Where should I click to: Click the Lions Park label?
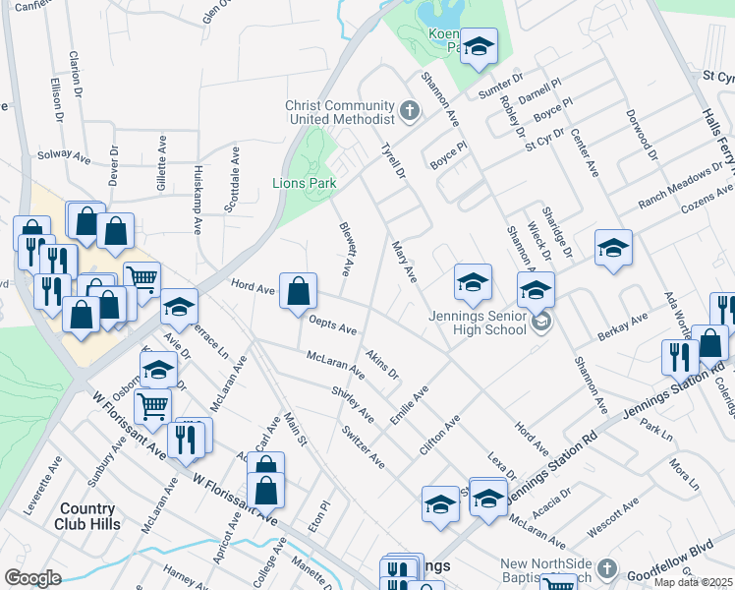pyautogui.click(x=305, y=183)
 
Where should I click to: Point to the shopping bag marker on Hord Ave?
pyautogui.click(x=299, y=291)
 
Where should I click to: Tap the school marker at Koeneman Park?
pyautogui.click(x=479, y=46)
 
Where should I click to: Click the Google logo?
pyautogui.click(x=32, y=578)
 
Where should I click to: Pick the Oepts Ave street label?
pyautogui.click(x=332, y=324)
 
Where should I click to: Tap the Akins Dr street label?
pyautogui.click(x=381, y=365)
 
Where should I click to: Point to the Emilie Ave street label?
pyautogui.click(x=411, y=405)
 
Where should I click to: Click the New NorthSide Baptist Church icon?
pyautogui.click(x=606, y=569)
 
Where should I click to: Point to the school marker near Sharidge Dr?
pyautogui.click(x=613, y=248)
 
